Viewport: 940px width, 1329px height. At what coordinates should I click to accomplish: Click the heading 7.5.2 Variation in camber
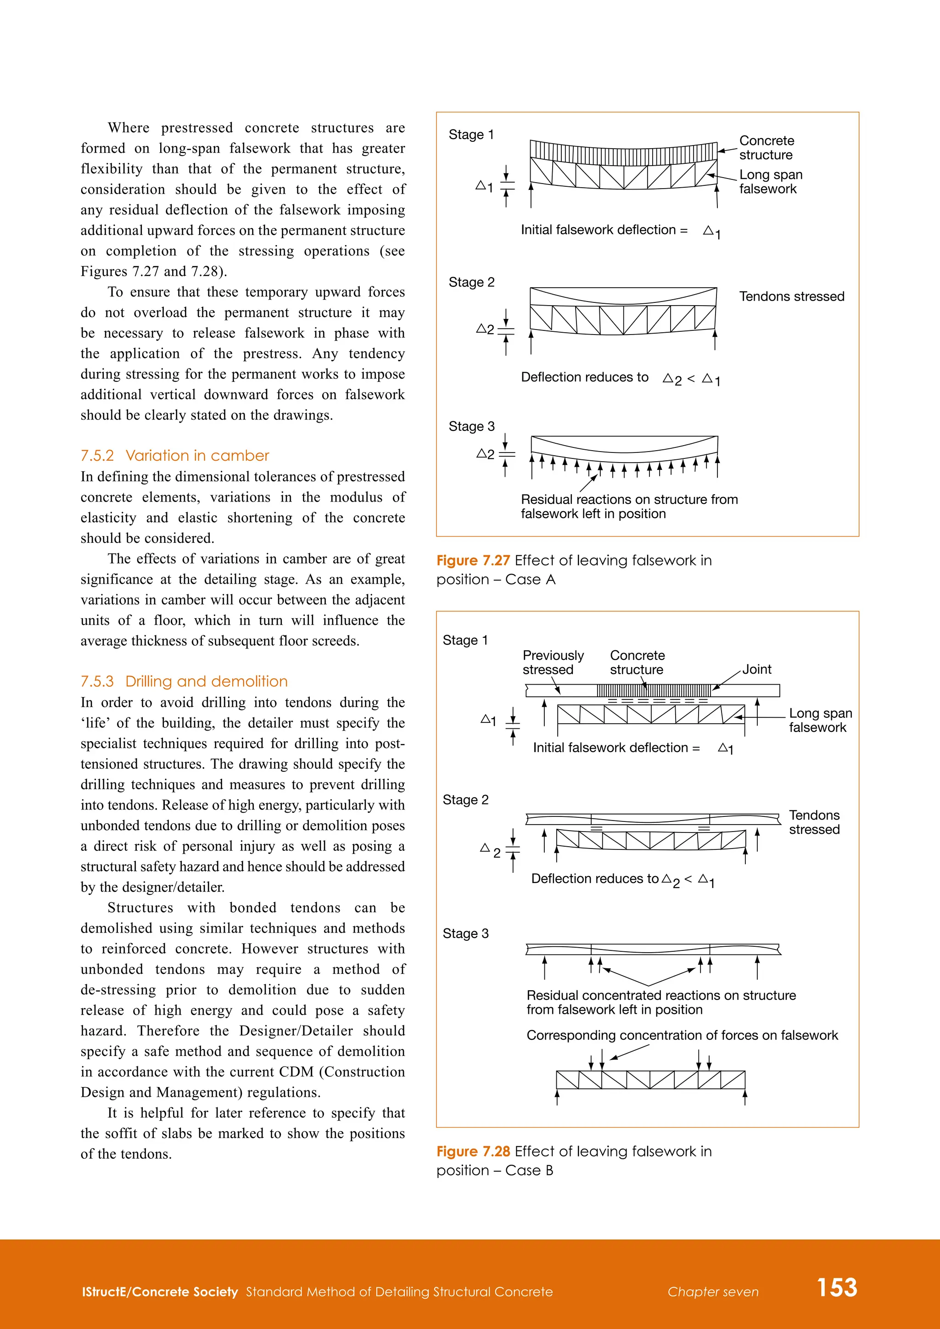click(x=175, y=456)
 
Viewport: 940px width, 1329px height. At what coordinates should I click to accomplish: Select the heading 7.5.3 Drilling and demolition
click(x=184, y=681)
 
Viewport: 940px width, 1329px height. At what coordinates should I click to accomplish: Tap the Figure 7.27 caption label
click(x=473, y=560)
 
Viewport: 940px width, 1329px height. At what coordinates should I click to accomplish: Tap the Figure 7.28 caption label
click(x=473, y=1151)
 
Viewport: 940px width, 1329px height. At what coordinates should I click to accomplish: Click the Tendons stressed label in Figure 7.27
click(x=791, y=296)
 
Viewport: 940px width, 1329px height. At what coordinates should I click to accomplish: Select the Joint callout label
click(x=756, y=669)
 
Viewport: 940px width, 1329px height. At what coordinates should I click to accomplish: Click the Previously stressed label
click(x=553, y=662)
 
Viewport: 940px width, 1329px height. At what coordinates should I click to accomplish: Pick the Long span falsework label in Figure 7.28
click(x=820, y=720)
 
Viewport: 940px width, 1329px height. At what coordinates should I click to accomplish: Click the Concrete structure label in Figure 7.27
click(x=767, y=148)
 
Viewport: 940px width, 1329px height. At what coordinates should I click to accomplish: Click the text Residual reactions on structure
click(x=629, y=500)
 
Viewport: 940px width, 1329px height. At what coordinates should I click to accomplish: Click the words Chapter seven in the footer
click(x=712, y=1292)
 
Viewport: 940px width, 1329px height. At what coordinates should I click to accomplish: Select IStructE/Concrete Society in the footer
click(x=160, y=1292)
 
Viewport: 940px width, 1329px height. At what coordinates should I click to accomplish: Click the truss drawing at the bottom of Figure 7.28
click(x=650, y=1080)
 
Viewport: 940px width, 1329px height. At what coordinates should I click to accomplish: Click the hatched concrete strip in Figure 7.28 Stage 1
click(x=654, y=690)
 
